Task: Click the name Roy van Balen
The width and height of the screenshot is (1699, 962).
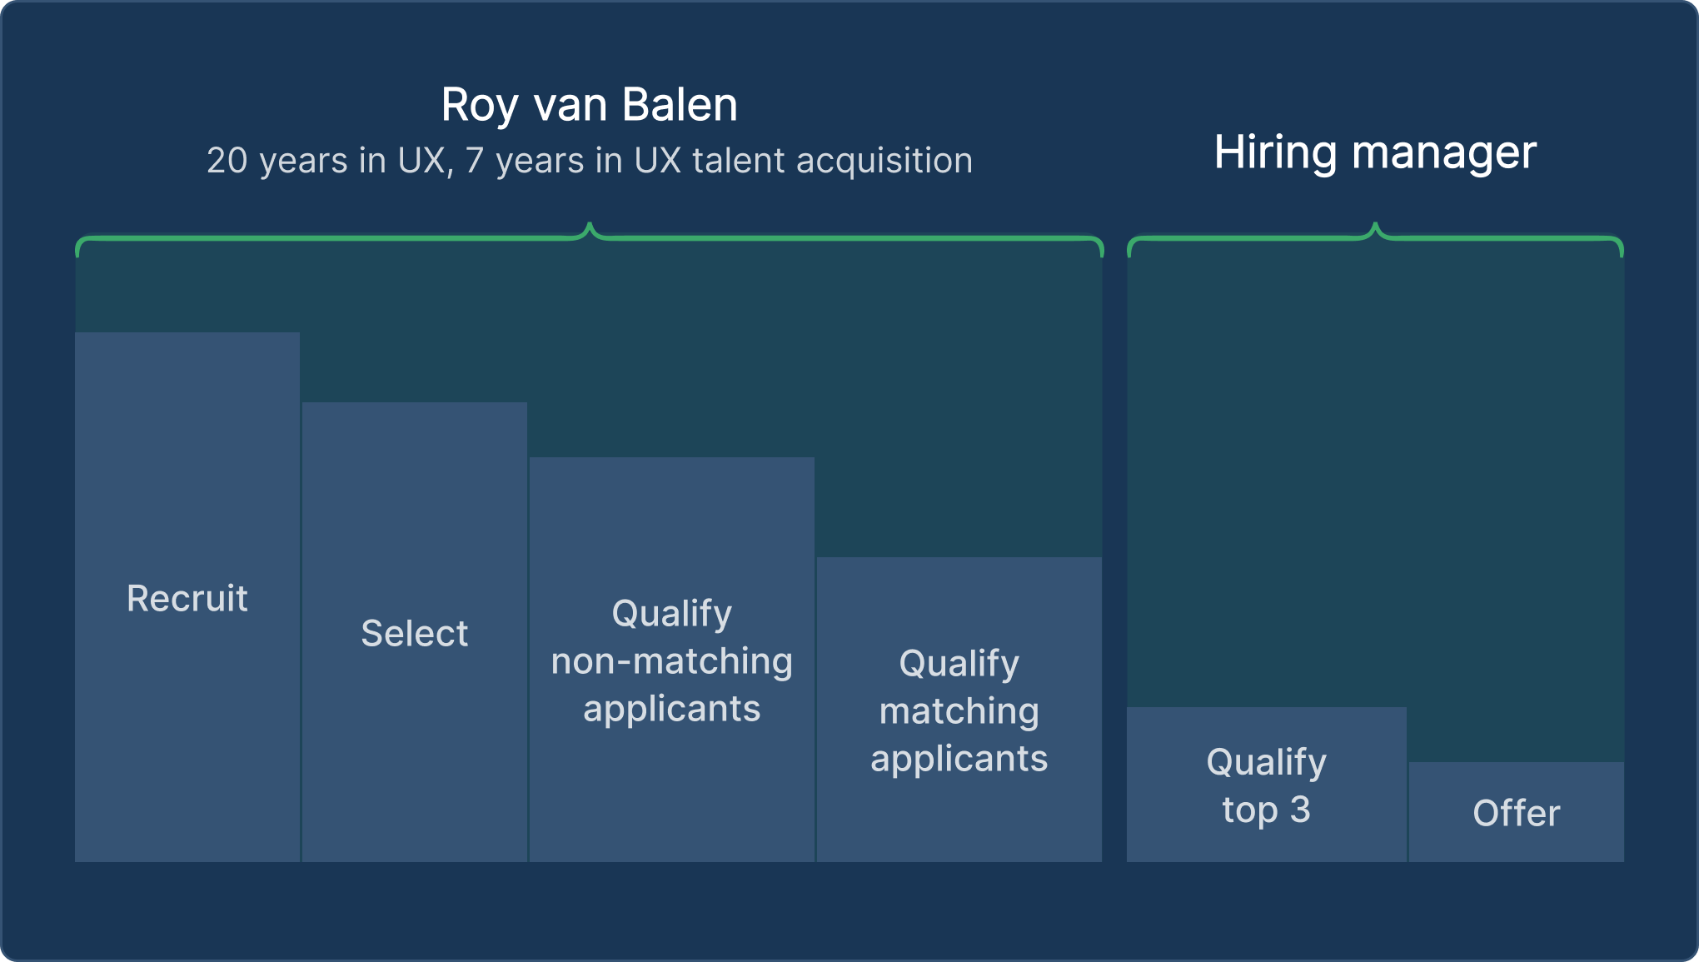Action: click(589, 105)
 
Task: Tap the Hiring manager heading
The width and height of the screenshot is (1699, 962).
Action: click(1375, 152)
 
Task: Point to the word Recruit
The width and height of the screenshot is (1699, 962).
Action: click(187, 598)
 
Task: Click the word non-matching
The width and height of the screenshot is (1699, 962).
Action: click(671, 661)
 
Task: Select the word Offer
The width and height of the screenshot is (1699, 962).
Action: click(1516, 813)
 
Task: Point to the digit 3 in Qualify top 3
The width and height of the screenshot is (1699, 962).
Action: click(1300, 810)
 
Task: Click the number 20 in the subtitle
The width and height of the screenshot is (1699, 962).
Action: click(227, 161)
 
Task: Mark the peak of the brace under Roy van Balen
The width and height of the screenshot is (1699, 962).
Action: click(590, 225)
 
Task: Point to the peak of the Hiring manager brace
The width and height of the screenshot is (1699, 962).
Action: click(1375, 225)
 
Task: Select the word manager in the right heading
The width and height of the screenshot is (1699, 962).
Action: click(1444, 152)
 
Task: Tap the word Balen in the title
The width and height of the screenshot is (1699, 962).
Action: click(680, 105)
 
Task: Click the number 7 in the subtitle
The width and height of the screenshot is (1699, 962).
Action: click(474, 161)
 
